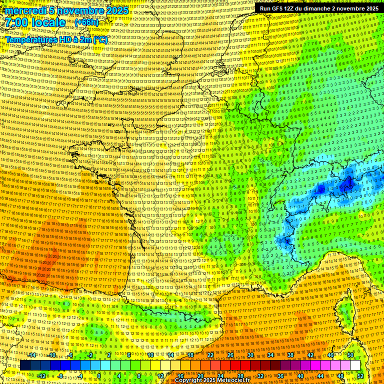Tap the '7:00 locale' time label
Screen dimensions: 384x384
coord(35,22)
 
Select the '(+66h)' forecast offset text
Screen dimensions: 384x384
coord(86,22)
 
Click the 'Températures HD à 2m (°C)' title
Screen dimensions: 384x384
coord(56,39)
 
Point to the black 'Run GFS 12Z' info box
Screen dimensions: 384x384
coord(318,8)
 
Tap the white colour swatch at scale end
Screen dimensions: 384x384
coord(355,365)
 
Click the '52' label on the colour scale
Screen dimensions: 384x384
coord(360,375)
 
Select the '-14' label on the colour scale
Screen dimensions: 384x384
coord(33,355)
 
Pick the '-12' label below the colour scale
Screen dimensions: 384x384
coord(42,375)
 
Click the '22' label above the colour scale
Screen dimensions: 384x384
coord(210,355)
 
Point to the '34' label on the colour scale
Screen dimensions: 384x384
coord(270,355)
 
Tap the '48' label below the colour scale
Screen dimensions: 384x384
coord(340,375)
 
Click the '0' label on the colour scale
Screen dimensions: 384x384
coord(99,375)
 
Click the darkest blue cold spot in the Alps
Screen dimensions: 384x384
coord(346,185)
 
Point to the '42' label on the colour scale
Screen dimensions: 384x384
coord(310,355)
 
